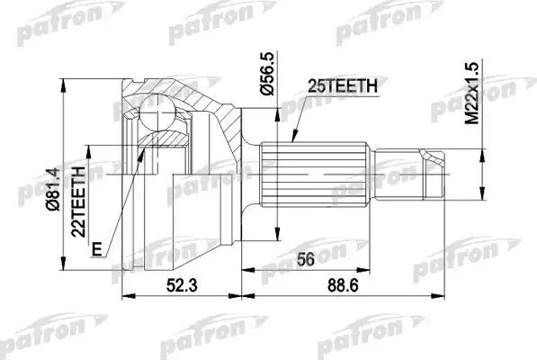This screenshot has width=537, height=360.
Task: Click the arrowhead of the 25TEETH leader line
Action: [294, 141]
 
